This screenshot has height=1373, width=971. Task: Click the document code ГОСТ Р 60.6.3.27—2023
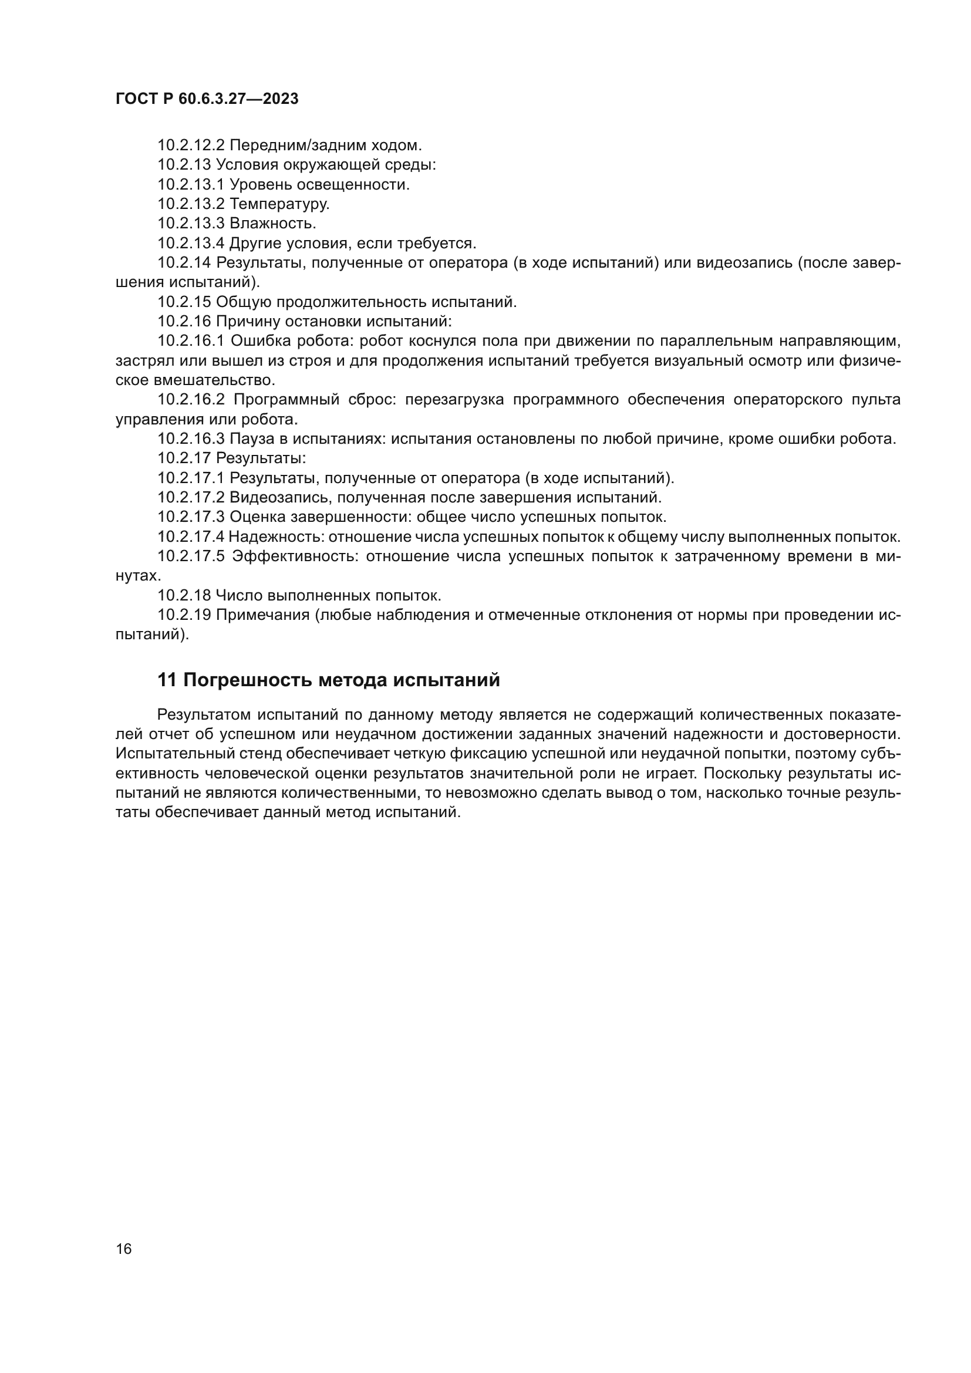[x=207, y=99]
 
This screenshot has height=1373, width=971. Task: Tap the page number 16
[x=124, y=1249]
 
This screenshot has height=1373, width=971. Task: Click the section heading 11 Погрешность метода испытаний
[x=328, y=680]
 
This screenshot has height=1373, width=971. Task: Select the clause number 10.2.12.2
[x=191, y=146]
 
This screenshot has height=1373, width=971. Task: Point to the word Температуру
[x=279, y=204]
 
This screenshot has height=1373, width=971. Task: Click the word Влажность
[x=272, y=224]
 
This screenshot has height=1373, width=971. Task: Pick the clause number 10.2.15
[x=184, y=302]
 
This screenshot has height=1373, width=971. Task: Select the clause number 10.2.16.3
[x=191, y=439]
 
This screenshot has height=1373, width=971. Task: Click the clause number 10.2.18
[x=184, y=596]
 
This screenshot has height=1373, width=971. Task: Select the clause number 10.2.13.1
[x=191, y=185]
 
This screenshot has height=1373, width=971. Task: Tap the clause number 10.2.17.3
[x=191, y=517]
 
